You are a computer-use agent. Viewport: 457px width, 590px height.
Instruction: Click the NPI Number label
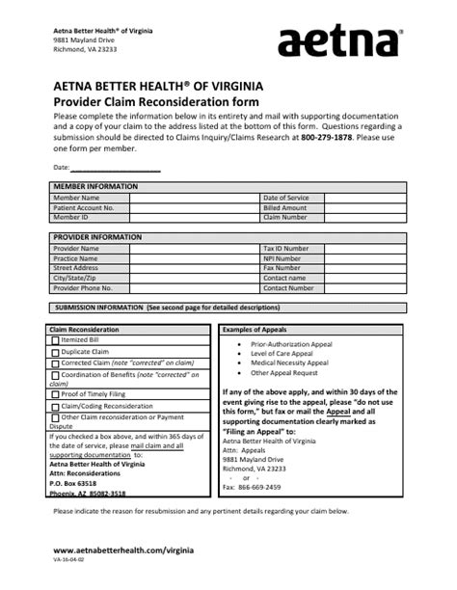282,258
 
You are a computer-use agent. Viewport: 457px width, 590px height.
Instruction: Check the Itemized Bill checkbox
56,340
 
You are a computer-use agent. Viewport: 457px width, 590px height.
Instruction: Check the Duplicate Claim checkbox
56,353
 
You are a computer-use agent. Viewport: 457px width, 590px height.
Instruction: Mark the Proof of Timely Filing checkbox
56,394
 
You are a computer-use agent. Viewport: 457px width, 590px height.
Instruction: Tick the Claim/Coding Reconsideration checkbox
56,406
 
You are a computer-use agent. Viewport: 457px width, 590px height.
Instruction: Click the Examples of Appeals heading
260,329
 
